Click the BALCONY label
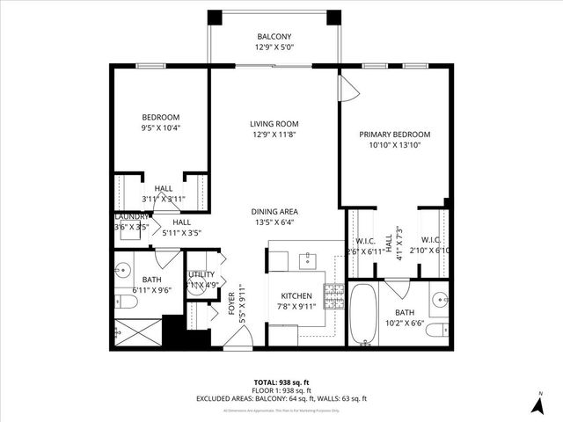tap(274, 37)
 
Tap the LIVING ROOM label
tap(274, 124)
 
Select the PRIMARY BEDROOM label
tap(395, 135)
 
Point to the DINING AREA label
tap(274, 211)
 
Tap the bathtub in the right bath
tap(362, 314)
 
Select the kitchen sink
tap(309, 259)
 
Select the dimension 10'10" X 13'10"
tap(395, 146)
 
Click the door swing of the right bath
tap(398, 288)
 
